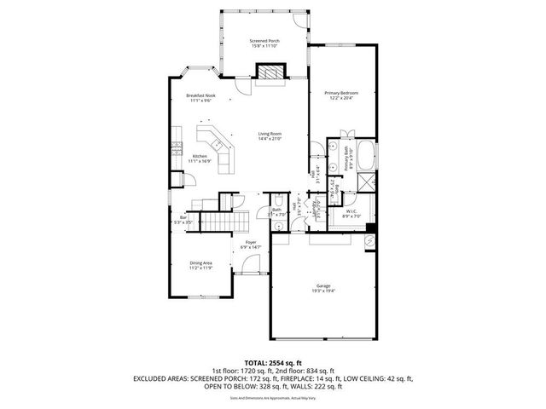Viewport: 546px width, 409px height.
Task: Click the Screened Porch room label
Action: (264, 41)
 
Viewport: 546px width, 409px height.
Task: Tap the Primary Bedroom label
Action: (340, 92)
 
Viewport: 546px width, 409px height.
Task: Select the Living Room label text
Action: (270, 133)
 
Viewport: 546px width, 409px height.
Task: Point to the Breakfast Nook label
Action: (200, 95)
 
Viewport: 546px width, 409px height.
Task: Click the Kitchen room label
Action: (199, 156)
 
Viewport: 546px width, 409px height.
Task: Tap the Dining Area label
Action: (200, 263)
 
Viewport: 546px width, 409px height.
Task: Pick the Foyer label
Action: (251, 243)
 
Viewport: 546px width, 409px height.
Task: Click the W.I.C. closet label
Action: (351, 211)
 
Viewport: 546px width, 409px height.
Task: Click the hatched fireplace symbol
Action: (272, 74)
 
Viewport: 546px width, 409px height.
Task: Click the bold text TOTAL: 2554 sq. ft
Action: (272, 362)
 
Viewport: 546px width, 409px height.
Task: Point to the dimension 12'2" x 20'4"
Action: (340, 97)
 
